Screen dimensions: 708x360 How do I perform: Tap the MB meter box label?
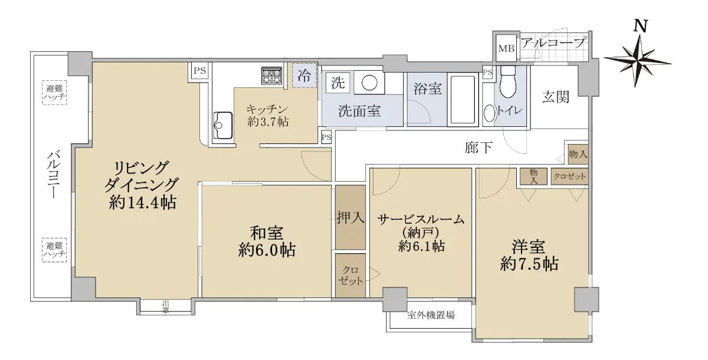click(x=506, y=48)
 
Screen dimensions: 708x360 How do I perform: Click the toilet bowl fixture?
click(x=508, y=82)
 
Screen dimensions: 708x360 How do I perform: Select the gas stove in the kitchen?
click(x=271, y=76)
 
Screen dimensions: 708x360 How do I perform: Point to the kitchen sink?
click(x=223, y=125)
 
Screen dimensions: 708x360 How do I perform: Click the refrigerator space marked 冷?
click(x=304, y=75)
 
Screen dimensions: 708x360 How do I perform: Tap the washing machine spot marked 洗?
click(x=337, y=83)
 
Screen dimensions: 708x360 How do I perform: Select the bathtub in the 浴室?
click(x=463, y=99)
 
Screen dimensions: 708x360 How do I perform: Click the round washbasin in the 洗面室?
click(x=369, y=83)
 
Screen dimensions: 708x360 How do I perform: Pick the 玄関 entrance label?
click(x=556, y=97)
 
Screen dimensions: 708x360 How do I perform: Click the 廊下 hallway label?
click(x=478, y=148)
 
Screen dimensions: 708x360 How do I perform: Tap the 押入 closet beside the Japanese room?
click(x=350, y=217)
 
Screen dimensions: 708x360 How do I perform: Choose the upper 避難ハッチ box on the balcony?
click(x=54, y=93)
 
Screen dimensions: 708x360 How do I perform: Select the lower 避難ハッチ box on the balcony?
click(x=54, y=250)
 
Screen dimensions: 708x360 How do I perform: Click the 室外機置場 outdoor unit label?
click(x=431, y=315)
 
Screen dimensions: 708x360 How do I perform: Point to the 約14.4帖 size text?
click(x=143, y=202)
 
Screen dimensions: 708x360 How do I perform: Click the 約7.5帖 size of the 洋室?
click(x=529, y=264)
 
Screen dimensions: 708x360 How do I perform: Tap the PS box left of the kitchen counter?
click(x=200, y=70)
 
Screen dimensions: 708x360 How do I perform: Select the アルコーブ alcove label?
click(x=553, y=42)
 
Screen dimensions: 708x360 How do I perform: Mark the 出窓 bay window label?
click(x=166, y=306)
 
